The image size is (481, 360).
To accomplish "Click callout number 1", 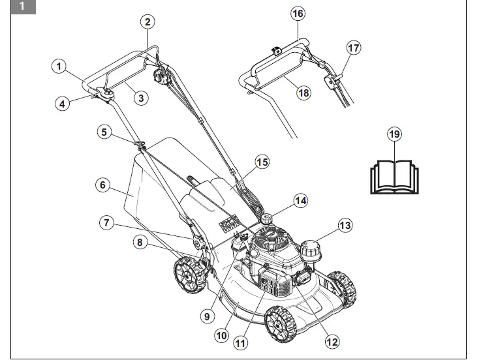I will point(59,66).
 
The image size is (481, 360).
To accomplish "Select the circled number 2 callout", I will point(148,22).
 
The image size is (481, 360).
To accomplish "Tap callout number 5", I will point(103,132).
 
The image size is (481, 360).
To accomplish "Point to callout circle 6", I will point(102,185).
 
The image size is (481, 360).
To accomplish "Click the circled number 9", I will point(207,316).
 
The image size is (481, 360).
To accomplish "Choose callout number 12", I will point(332,340).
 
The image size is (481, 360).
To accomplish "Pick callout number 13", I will point(345,226).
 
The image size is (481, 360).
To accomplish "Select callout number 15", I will point(262,161).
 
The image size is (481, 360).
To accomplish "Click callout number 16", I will point(298,12).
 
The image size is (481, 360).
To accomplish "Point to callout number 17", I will point(353,48).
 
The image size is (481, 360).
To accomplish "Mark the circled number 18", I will point(303,93).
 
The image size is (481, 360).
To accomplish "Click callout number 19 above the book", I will point(394,134).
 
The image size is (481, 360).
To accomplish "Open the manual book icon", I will point(394,175).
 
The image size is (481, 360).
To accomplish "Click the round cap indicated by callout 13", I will point(311,250).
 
